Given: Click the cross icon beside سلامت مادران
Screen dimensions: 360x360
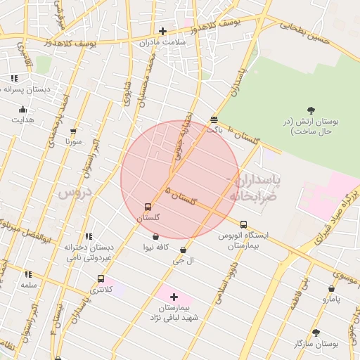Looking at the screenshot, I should [162, 31].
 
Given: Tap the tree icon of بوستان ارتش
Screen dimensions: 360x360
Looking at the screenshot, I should [311, 109].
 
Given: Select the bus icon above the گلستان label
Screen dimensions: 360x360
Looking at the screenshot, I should [148, 207].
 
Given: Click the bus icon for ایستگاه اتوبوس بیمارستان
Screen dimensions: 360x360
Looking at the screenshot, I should [244, 224].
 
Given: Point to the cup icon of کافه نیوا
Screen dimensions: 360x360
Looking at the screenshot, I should [155, 236].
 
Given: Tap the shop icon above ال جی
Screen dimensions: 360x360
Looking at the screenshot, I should [184, 250].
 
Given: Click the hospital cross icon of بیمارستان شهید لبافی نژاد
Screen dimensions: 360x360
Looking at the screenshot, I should [174, 297].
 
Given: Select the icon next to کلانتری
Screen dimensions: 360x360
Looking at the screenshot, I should [101, 278].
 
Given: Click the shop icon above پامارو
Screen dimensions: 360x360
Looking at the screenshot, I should [332, 288].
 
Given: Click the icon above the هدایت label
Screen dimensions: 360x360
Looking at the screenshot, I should [22, 109].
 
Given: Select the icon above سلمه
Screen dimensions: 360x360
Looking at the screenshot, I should [28, 274].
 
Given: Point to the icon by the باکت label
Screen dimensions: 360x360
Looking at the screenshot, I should [214, 120].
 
